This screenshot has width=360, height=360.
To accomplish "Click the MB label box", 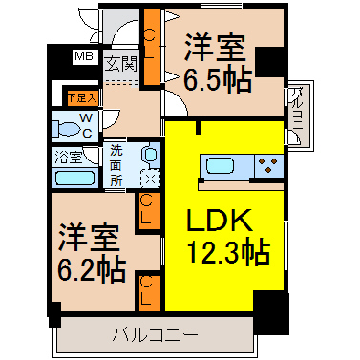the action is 85,57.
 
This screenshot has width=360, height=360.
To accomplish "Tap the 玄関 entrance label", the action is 121,64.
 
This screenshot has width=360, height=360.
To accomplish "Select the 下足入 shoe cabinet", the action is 82,97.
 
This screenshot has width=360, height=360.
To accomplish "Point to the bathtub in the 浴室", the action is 75,179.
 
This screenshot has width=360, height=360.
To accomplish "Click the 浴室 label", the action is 69,157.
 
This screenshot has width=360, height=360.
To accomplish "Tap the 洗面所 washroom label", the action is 116,166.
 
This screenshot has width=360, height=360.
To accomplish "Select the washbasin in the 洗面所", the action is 150,156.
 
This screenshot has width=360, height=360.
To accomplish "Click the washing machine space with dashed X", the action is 150,178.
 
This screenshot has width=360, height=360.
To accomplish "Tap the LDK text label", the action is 220,220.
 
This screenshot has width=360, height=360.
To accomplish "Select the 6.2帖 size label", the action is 92,270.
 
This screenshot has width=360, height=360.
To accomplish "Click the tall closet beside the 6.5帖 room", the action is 152,47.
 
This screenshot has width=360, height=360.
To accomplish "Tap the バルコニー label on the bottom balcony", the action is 156,335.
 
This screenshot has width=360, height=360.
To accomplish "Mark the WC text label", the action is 86,126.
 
